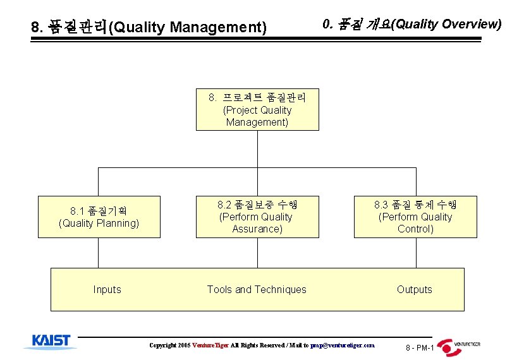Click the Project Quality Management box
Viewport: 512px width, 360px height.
coord(257,109)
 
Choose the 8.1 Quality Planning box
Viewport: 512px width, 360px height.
coord(99,217)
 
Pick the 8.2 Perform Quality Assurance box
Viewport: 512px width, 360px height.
coord(257,217)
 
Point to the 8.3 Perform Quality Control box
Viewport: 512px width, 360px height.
coord(415,217)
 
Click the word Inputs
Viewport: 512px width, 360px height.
coord(107,289)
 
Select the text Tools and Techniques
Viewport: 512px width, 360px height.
coord(257,289)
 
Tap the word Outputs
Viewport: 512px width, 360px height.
coord(414,289)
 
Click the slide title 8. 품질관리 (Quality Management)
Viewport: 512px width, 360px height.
coord(149,27)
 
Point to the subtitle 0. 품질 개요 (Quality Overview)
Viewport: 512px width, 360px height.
coord(411,24)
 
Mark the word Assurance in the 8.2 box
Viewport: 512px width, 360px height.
coord(257,229)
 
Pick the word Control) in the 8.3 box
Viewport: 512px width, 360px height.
coord(415,229)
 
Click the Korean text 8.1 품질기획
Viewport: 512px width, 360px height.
coord(99,210)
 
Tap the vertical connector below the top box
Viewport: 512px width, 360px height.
coord(257,148)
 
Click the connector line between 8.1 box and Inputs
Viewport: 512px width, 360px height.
coord(99,253)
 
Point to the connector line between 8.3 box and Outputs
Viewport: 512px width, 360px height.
coord(415,253)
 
